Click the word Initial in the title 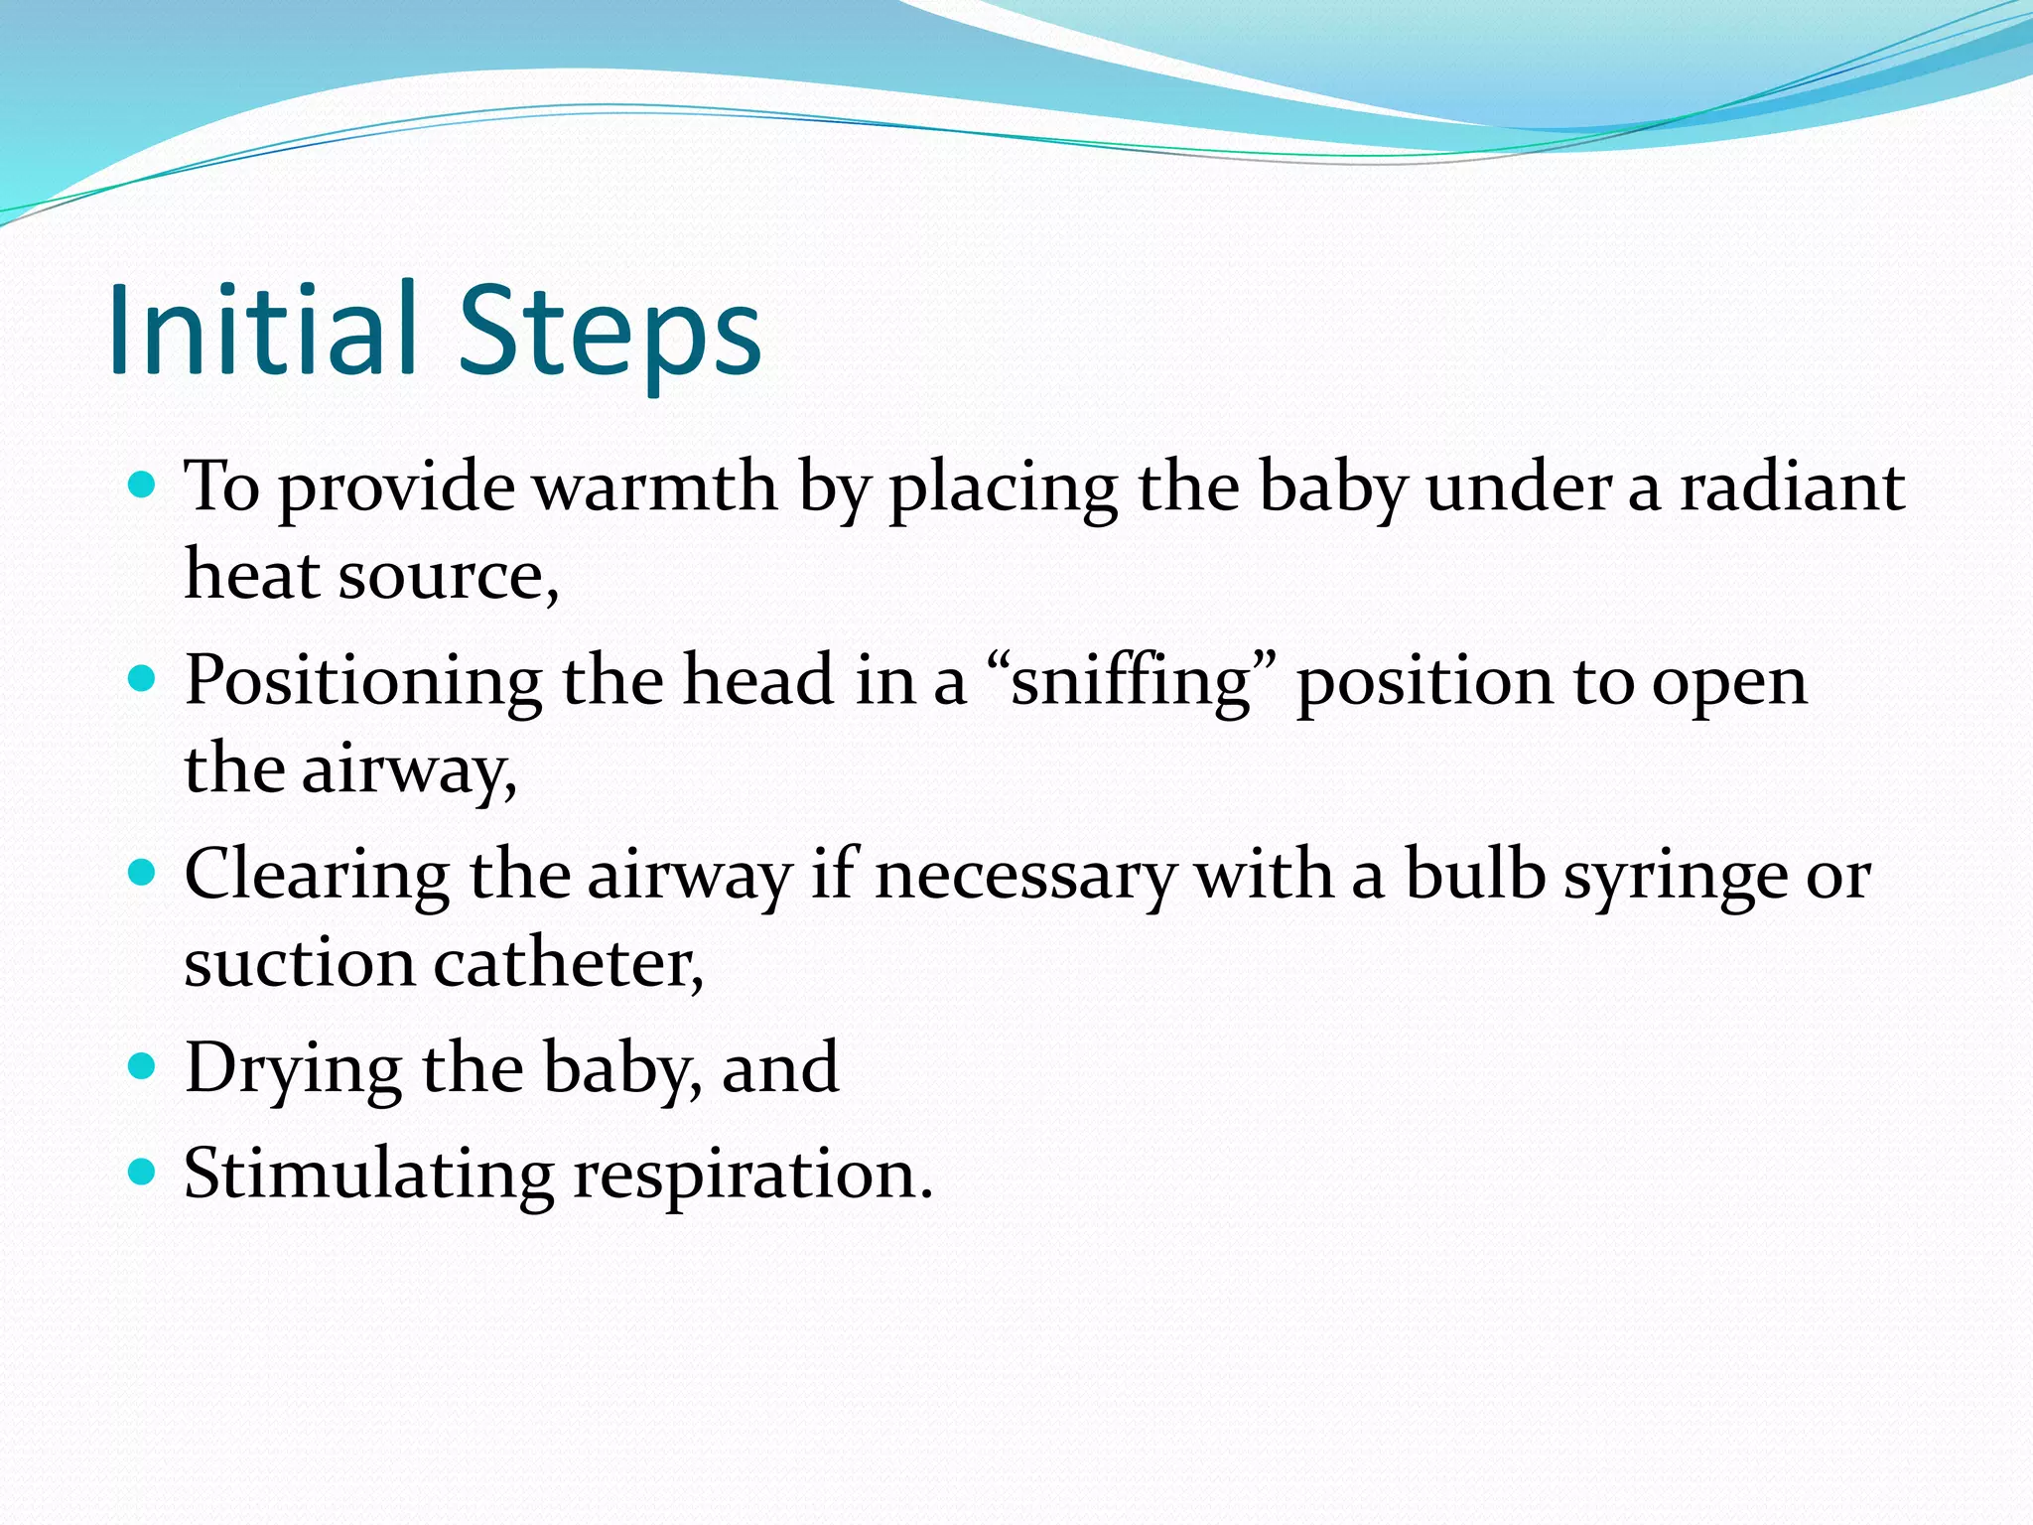click(x=262, y=331)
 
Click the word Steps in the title click(x=609, y=331)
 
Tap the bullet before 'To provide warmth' click(x=143, y=485)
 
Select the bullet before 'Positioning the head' click(x=143, y=679)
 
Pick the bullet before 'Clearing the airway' click(x=143, y=874)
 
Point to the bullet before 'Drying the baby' click(x=143, y=1067)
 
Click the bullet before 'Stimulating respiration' click(x=143, y=1174)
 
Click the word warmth click(x=654, y=488)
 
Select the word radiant click(x=1791, y=488)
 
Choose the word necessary click(x=1025, y=879)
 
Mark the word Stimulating click(x=368, y=1176)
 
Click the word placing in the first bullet click(x=1004, y=490)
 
